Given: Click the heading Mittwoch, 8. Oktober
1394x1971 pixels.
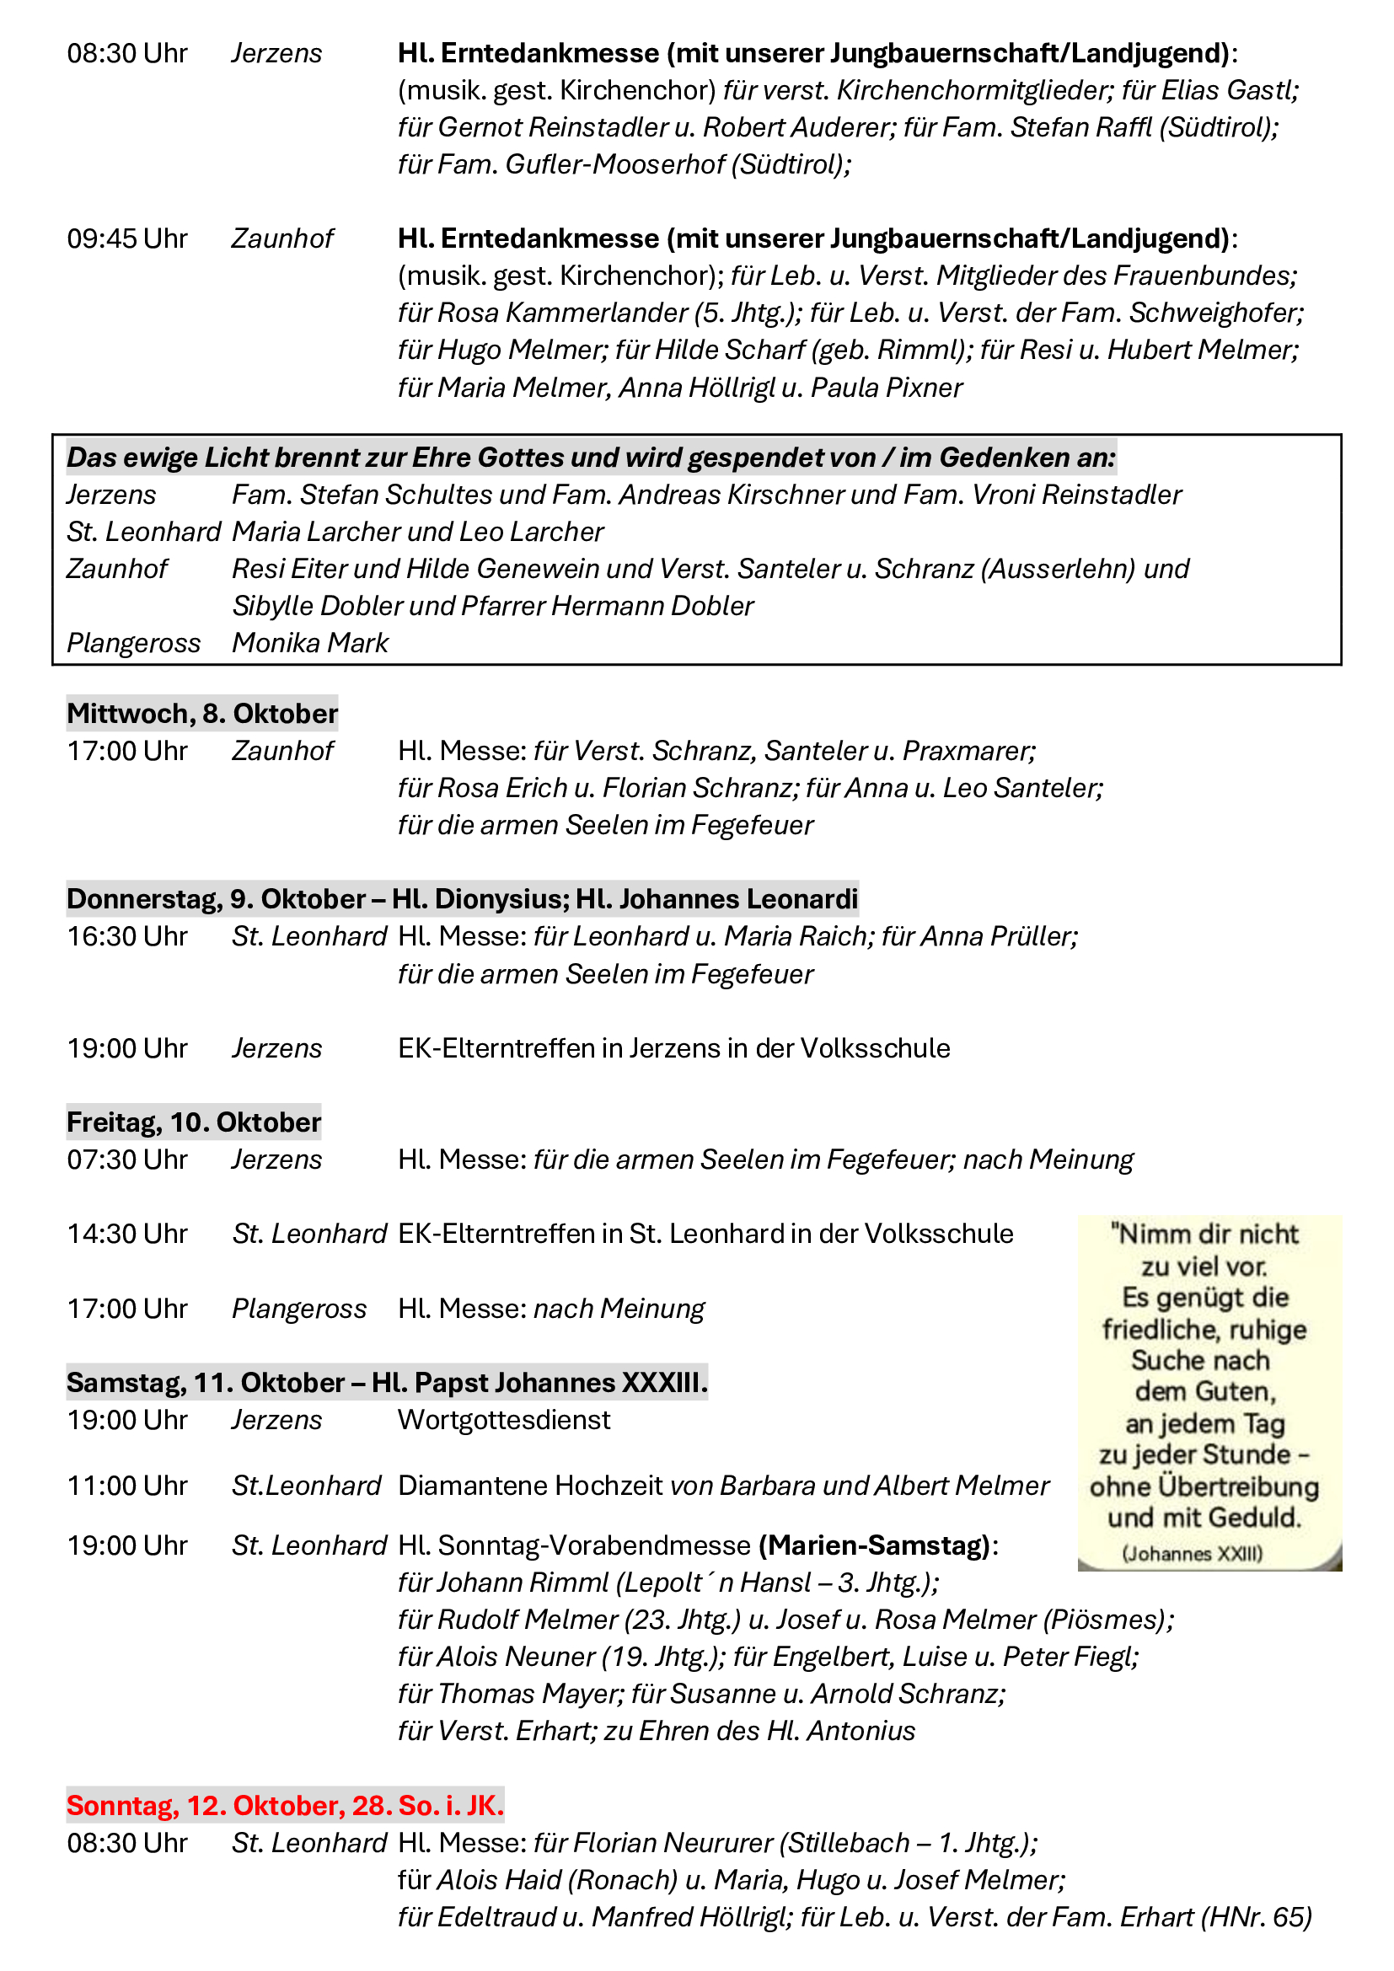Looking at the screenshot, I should pos(201,714).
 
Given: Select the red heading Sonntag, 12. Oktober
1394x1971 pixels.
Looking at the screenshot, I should pos(285,1805).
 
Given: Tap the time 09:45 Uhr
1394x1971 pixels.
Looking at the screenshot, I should pos(127,238).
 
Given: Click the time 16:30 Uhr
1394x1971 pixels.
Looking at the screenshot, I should pos(127,936).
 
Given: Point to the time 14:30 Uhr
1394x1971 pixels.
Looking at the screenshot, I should pos(127,1234).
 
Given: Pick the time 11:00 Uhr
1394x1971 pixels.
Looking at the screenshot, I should pos(127,1485).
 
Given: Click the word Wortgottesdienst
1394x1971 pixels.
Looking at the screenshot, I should pos(504,1420).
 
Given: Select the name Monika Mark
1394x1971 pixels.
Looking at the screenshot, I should pos(310,643).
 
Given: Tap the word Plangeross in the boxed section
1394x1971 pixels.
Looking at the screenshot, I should pos(133,643).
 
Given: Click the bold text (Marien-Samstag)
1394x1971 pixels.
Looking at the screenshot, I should pos(875,1545).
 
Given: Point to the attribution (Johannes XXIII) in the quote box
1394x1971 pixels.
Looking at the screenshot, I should pos(1193,1554).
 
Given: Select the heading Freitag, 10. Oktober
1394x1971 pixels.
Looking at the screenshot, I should pos(194,1122).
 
